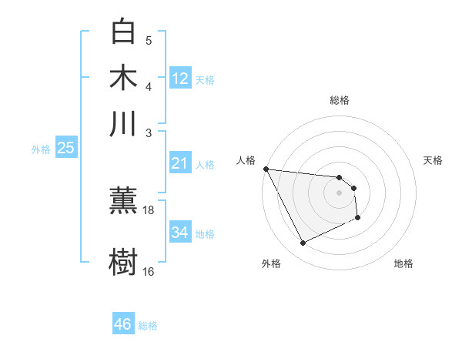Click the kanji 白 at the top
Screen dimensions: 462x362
(123, 32)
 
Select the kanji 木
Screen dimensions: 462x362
(123, 78)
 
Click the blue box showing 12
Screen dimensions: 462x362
(180, 78)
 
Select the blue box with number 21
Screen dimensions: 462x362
(180, 163)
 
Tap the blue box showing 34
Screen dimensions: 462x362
(180, 232)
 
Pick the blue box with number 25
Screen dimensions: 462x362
(65, 148)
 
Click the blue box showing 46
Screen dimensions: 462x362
(122, 324)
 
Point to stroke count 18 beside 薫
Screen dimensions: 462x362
(149, 209)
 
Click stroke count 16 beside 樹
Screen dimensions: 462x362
(149, 271)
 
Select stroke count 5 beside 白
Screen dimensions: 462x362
(149, 41)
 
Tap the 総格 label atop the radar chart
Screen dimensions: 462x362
(339, 100)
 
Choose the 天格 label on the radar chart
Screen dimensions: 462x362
(433, 160)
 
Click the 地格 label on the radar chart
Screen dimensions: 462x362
(403, 263)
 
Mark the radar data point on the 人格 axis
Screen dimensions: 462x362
(266, 169)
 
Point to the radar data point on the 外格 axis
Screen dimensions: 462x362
(303, 243)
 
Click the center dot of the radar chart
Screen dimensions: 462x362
(339, 193)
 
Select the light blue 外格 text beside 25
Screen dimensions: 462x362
(41, 149)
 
